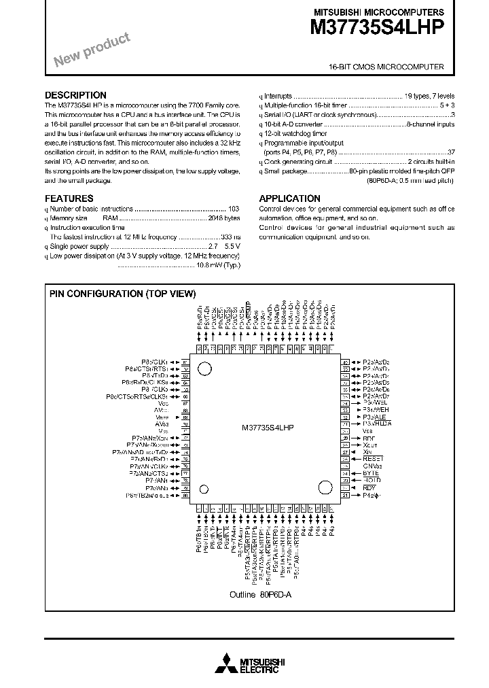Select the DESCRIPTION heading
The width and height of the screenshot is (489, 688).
(75, 95)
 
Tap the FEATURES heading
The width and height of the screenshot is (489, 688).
(69, 199)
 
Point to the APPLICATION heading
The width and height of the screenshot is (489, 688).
(289, 199)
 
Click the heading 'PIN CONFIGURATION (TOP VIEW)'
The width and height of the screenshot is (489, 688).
(122, 294)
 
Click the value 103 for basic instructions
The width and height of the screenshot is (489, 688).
(234, 209)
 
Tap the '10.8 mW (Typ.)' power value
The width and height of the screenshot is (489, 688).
(218, 266)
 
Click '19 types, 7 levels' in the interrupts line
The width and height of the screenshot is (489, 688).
(429, 97)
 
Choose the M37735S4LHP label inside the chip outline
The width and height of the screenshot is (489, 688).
(268, 429)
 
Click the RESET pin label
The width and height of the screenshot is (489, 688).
(372, 459)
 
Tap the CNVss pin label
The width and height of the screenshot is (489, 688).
(373, 466)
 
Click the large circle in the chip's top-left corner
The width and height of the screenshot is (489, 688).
(203, 368)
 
